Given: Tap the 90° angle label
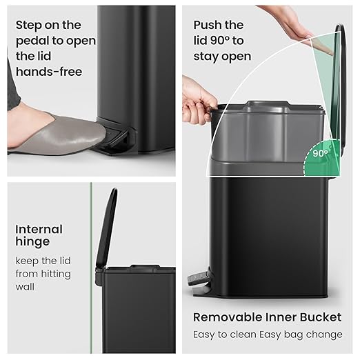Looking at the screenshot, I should point(319,153).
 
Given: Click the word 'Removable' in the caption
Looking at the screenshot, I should point(227,317).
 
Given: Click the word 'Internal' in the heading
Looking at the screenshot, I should point(39,229).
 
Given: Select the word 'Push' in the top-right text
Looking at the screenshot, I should point(210,26).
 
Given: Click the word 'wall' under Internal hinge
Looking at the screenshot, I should point(25,286).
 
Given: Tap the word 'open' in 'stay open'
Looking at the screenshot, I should point(235,56).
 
